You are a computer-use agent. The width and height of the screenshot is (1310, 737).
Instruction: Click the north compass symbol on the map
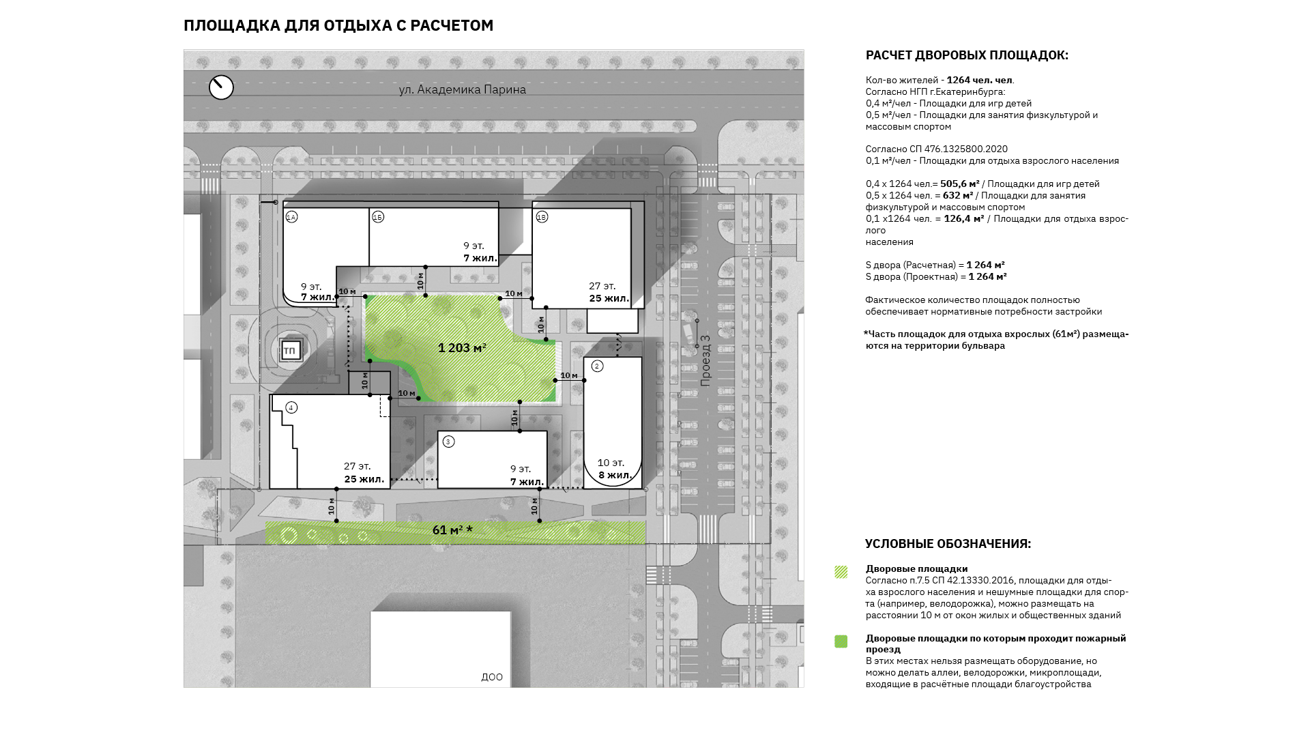pyautogui.click(x=221, y=87)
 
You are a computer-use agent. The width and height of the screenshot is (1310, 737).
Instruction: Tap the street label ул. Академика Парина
pyautogui.click(x=463, y=89)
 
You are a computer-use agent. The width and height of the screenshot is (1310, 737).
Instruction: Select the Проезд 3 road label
pyautogui.click(x=705, y=360)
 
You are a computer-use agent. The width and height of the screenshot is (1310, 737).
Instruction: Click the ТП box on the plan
pyautogui.click(x=290, y=351)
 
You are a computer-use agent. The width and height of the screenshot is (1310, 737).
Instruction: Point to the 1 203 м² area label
pyautogui.click(x=462, y=348)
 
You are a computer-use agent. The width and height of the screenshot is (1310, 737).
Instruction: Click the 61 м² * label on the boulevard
pyautogui.click(x=452, y=530)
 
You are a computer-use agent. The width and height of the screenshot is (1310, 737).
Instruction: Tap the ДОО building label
pyautogui.click(x=492, y=677)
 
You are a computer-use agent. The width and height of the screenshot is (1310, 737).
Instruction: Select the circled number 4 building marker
pyautogui.click(x=291, y=407)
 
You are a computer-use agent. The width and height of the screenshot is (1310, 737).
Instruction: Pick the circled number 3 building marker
pyautogui.click(x=448, y=442)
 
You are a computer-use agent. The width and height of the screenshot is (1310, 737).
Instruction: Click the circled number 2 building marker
pyautogui.click(x=597, y=366)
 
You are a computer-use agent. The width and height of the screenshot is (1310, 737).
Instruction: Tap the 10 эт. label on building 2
pyautogui.click(x=611, y=463)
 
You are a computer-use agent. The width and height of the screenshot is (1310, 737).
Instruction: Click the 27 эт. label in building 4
pyautogui.click(x=358, y=466)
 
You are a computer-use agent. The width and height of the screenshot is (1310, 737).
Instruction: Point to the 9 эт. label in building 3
pyautogui.click(x=521, y=469)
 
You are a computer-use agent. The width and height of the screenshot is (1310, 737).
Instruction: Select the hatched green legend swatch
pyautogui.click(x=841, y=572)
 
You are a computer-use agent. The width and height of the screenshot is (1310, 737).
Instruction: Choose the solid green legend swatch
pyautogui.click(x=841, y=641)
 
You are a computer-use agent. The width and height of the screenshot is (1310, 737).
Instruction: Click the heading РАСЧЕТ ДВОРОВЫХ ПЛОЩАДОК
pyautogui.click(x=967, y=55)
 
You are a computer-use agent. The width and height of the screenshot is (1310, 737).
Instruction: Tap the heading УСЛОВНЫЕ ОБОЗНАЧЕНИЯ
pyautogui.click(x=948, y=544)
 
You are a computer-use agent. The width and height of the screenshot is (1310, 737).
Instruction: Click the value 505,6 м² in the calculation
pyautogui.click(x=960, y=184)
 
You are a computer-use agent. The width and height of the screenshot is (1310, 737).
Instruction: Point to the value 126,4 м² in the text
pyautogui.click(x=964, y=218)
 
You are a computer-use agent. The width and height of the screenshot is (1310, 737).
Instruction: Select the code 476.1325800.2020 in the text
pyautogui.click(x=966, y=149)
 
